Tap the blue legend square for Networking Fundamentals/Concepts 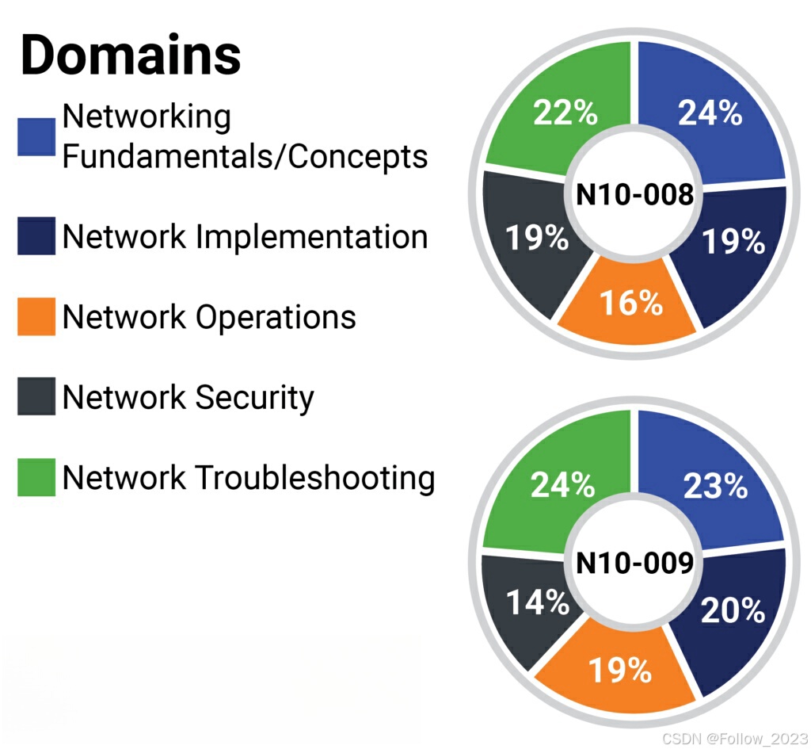click(x=36, y=136)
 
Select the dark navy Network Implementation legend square click(x=36, y=236)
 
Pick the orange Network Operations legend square click(x=36, y=316)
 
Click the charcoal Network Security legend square click(x=36, y=396)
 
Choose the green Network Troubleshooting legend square click(x=36, y=477)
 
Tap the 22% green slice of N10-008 click(x=564, y=113)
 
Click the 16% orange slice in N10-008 click(x=630, y=303)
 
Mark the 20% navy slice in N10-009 click(x=733, y=610)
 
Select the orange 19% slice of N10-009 click(x=619, y=671)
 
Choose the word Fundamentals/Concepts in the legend click(x=245, y=156)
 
